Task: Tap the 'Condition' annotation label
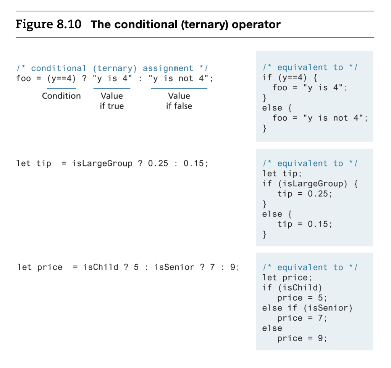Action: coord(61,96)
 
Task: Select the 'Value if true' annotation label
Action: coord(112,101)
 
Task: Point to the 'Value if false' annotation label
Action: coord(179,101)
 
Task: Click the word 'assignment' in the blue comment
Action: coord(168,69)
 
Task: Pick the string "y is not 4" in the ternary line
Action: coord(178,79)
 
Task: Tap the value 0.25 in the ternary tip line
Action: coord(158,164)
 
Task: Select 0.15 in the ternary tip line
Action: coord(194,164)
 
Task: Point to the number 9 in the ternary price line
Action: coord(233,267)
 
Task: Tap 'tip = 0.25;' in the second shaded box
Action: coord(305,194)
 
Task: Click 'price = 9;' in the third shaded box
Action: coord(302,338)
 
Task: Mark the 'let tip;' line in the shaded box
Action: coord(282,174)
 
